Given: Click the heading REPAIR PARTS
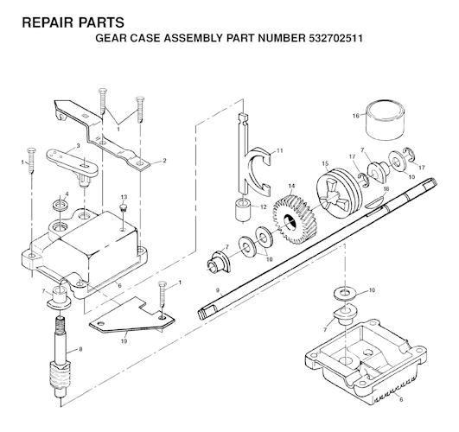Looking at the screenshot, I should point(67,20).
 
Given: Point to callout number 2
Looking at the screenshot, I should point(165,162).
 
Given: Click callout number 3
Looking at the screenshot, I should point(78,145).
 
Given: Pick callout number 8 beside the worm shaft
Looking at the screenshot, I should point(80,350).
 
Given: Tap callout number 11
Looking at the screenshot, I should point(279,151).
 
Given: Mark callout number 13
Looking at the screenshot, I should point(124,197).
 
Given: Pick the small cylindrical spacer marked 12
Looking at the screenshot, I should point(239,211).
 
